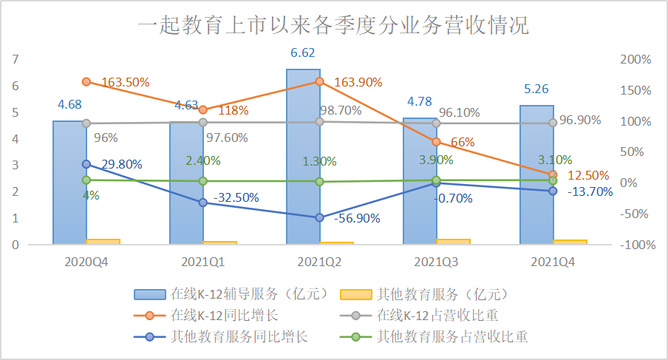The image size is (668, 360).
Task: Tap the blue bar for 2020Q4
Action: coord(69,182)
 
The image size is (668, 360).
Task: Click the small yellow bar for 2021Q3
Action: coord(453,241)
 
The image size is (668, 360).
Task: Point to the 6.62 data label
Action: coord(304,53)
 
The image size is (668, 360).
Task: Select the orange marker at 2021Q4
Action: coord(552,174)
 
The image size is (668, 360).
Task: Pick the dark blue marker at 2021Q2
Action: coord(319,217)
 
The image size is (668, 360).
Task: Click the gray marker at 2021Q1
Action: coord(202,122)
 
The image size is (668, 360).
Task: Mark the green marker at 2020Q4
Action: coord(86,180)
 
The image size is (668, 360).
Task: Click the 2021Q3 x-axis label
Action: coord(436,262)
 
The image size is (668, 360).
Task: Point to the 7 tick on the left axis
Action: coord(16,59)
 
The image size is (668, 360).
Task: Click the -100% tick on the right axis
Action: coord(633,245)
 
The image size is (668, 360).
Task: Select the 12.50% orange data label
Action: coord(588,176)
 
